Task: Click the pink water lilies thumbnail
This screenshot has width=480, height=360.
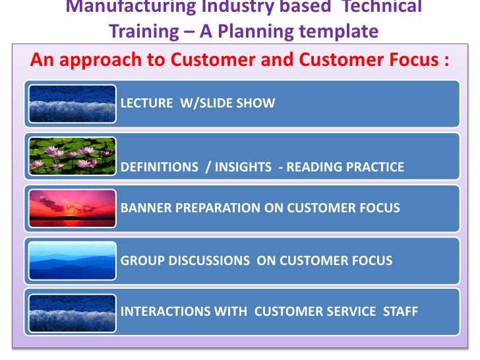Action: coord(73,156)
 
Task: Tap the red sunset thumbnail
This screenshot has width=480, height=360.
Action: coord(73,207)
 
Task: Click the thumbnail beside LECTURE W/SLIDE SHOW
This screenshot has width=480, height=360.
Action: coord(73,104)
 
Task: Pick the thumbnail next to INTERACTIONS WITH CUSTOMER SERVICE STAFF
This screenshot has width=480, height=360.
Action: coord(73,311)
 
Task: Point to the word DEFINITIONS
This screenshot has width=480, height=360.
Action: coord(160,167)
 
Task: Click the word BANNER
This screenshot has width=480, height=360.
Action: coord(144,208)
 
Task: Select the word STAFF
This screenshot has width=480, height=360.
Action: coord(401,311)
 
